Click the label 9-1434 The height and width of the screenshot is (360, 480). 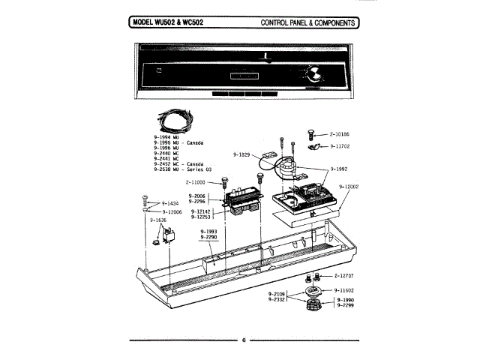pyautogui.click(x=170, y=203)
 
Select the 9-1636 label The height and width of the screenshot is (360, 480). pyautogui.click(x=160, y=220)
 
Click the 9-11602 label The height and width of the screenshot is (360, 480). pyautogui.click(x=348, y=289)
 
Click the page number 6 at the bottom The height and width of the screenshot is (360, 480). pyautogui.click(x=244, y=340)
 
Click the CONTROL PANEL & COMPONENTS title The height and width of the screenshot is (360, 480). pyautogui.click(x=307, y=22)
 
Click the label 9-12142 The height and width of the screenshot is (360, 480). pyautogui.click(x=203, y=212)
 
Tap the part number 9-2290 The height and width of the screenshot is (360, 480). pyautogui.click(x=208, y=237)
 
